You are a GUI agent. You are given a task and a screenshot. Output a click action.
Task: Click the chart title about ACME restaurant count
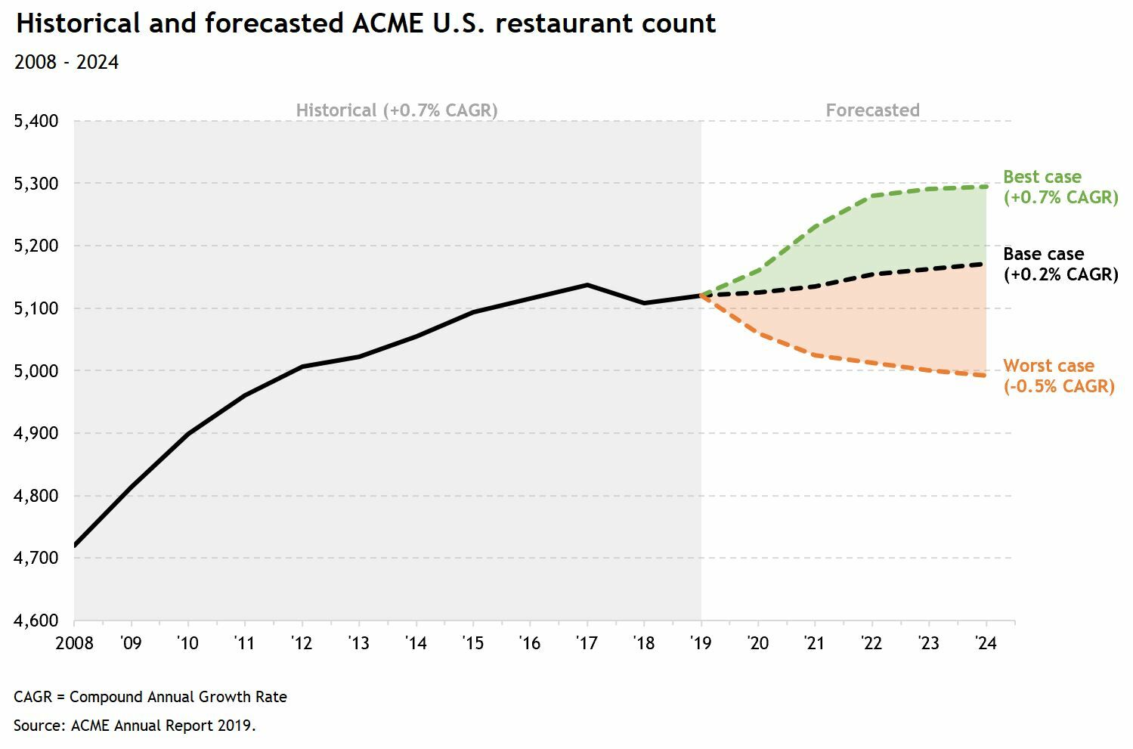click(366, 23)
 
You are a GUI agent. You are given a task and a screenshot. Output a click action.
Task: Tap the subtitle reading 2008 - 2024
click(67, 62)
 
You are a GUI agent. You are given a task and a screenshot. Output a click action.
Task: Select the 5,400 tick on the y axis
click(36, 121)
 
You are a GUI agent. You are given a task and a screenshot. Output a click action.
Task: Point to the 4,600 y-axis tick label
click(36, 621)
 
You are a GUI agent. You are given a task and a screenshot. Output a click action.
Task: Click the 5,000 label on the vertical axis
click(36, 371)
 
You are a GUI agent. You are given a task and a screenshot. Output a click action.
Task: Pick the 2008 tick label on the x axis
click(74, 643)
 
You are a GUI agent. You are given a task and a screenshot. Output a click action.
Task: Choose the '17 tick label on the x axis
click(587, 643)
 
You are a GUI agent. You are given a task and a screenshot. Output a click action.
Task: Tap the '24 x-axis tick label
click(986, 643)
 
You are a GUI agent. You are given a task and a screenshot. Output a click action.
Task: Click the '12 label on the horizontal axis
click(302, 643)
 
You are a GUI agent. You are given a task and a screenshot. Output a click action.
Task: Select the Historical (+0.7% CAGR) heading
click(397, 110)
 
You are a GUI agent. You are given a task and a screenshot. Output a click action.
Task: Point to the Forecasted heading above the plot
click(872, 110)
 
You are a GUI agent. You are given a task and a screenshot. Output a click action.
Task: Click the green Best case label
click(1060, 187)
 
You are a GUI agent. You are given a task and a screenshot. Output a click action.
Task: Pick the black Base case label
click(1060, 265)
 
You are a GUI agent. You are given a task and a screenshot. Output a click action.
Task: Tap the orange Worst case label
click(1058, 376)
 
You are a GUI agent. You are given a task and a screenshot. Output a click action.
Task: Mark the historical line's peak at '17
click(587, 285)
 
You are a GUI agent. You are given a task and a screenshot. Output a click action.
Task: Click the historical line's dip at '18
click(644, 303)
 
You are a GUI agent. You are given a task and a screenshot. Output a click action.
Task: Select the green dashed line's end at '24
click(986, 187)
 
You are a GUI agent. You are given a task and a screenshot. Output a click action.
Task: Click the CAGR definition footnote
click(150, 697)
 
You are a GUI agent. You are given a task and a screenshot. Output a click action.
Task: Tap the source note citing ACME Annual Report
click(135, 726)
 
